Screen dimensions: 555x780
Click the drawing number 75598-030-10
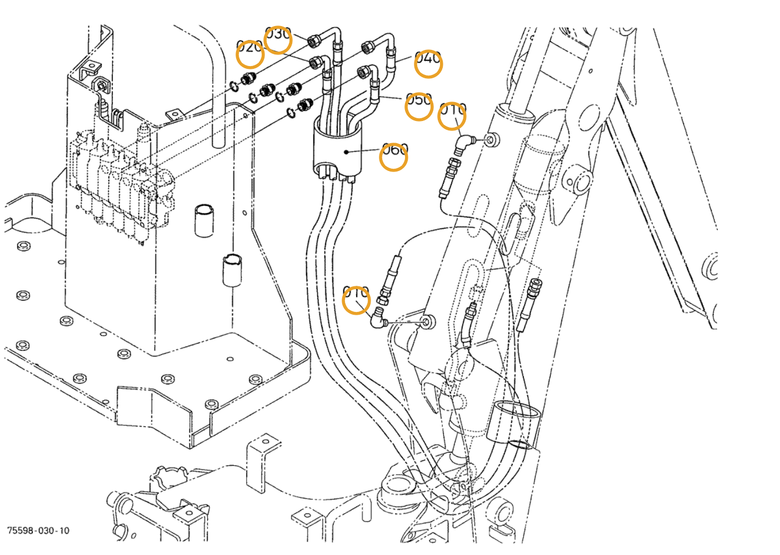[x=38, y=531]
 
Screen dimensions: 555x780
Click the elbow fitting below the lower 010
[x=379, y=319]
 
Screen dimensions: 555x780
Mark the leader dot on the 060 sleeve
[x=346, y=151]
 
